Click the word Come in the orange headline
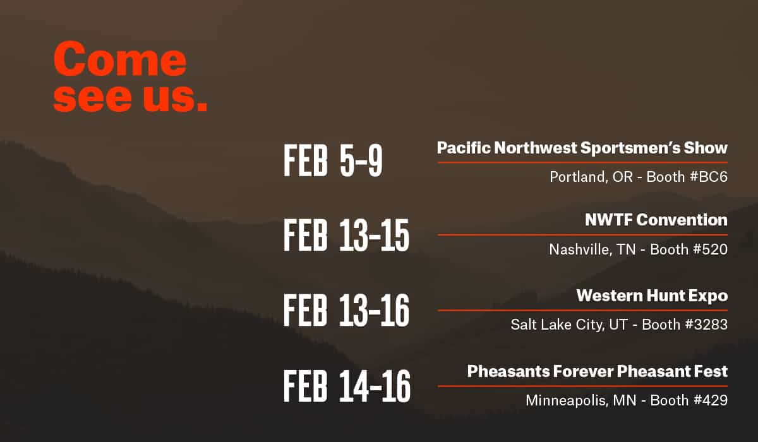(120, 59)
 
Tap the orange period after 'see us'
(202, 105)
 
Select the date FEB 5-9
(333, 160)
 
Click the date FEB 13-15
(346, 236)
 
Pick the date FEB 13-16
(346, 310)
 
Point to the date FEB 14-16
(347, 386)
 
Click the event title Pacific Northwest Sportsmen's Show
(582, 148)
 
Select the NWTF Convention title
(656, 220)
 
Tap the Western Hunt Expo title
(652, 296)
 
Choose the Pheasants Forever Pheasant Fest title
(598, 371)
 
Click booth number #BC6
(708, 177)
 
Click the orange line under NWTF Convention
(582, 235)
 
